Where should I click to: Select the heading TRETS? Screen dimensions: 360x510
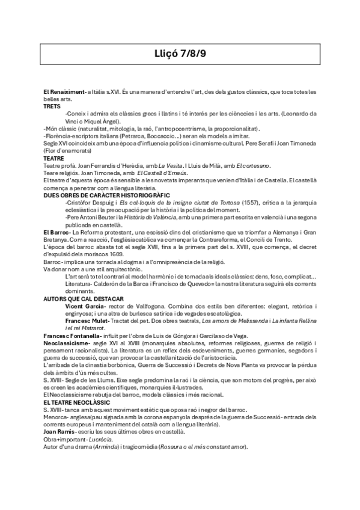click(52, 105)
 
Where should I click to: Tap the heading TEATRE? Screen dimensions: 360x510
click(53, 159)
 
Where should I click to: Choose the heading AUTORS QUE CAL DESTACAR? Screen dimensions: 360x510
click(84, 298)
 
